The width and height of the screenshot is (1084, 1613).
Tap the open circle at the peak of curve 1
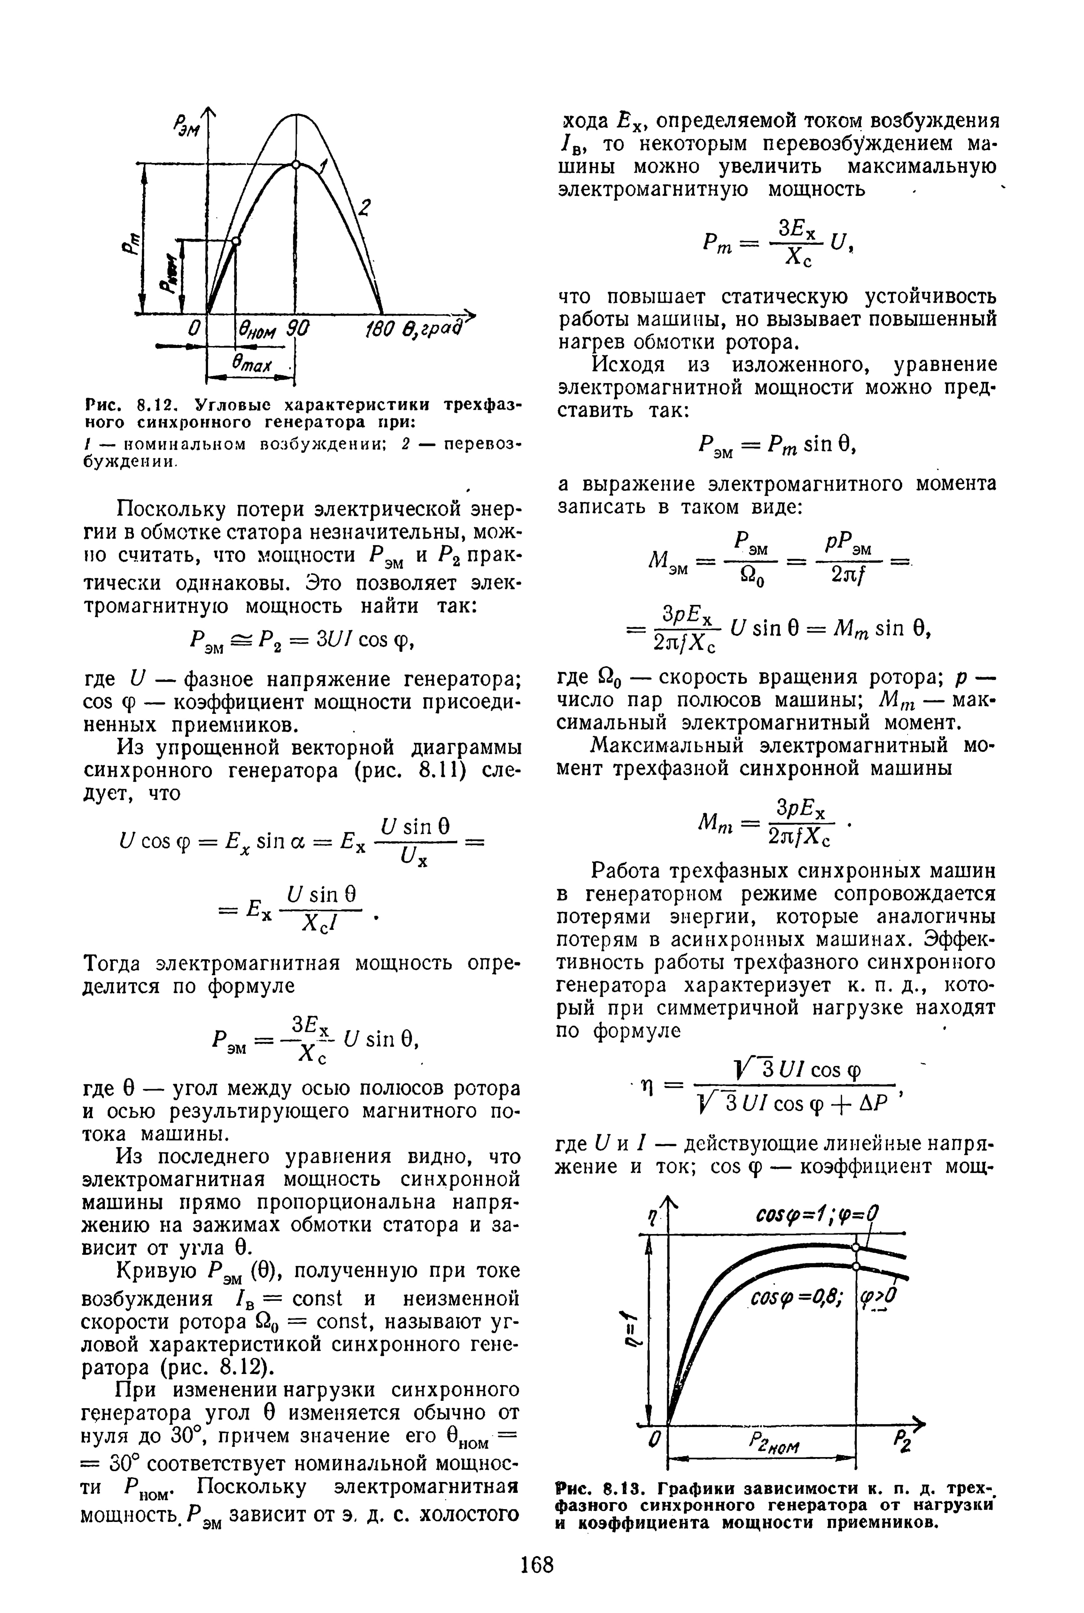(x=296, y=165)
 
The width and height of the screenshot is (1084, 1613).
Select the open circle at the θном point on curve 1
(x=236, y=241)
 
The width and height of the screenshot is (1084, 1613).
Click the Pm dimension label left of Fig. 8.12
(x=130, y=243)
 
